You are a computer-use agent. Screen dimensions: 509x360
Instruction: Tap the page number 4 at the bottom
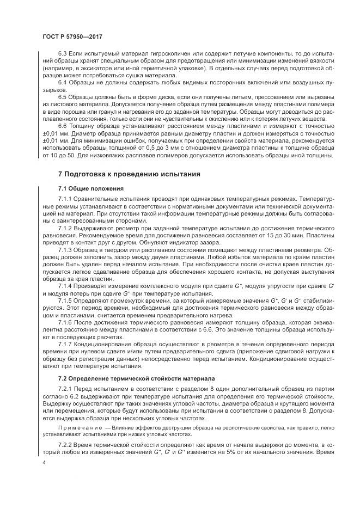click(x=44, y=462)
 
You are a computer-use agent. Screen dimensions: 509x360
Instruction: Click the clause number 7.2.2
click(x=65, y=445)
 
